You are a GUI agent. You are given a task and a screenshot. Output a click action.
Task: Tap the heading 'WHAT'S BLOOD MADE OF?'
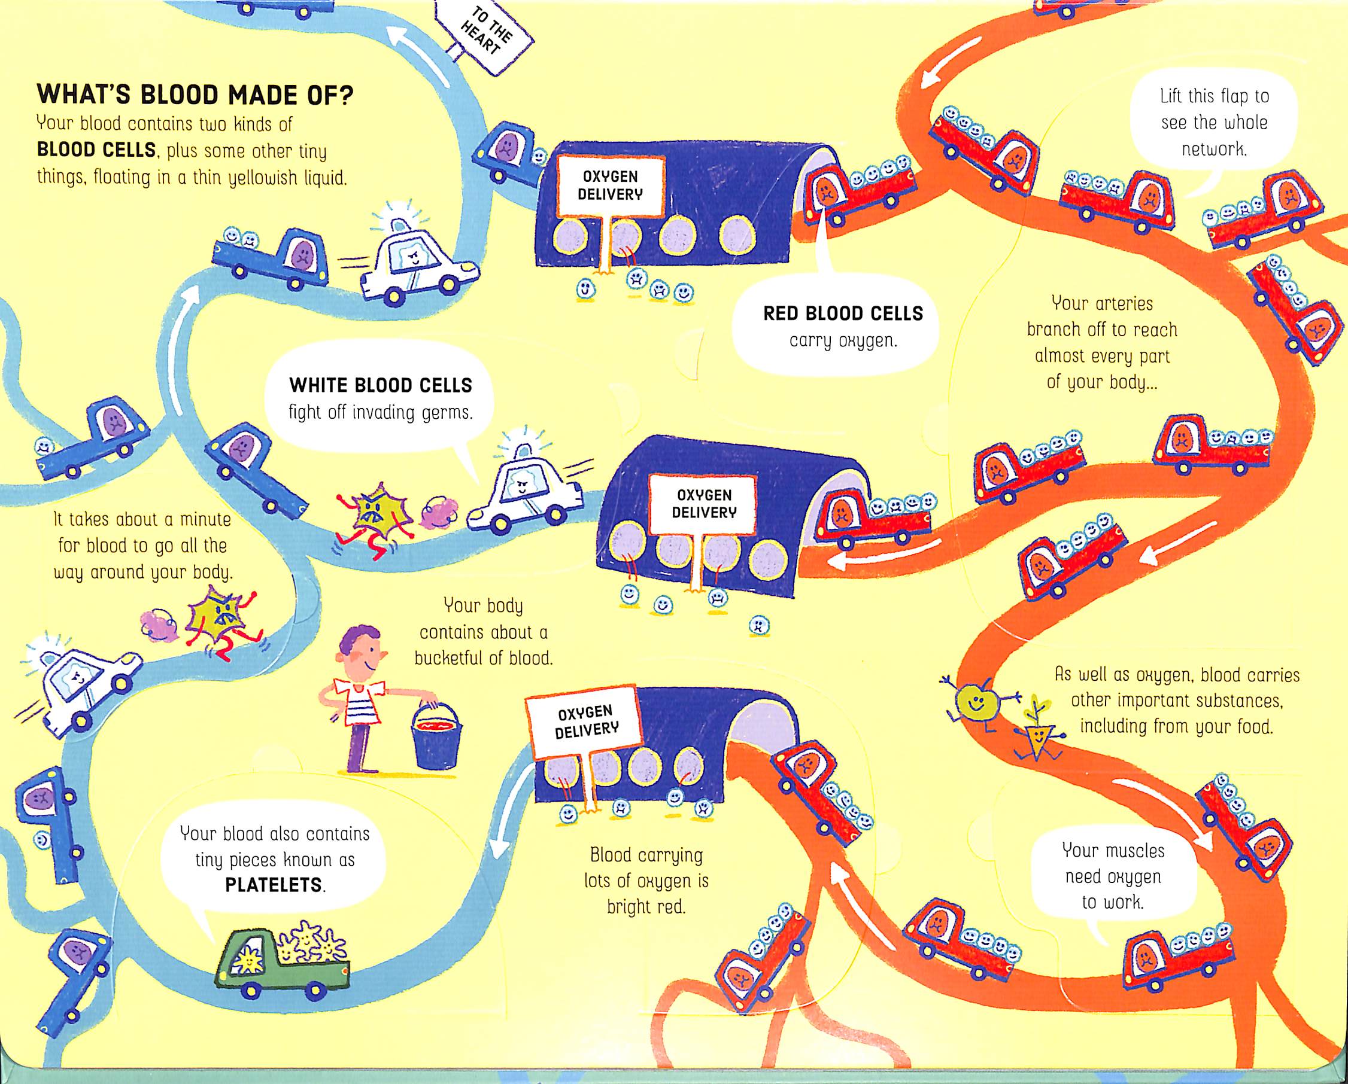[195, 95]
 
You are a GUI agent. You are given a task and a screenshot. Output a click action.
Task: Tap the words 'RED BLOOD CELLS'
[843, 313]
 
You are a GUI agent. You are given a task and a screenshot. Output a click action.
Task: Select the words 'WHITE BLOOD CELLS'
[380, 385]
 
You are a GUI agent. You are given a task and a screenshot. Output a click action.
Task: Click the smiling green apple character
[973, 703]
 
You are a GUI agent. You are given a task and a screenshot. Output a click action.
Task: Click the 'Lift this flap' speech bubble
[1213, 123]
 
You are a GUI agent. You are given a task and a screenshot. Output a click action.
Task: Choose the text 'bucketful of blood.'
[483, 658]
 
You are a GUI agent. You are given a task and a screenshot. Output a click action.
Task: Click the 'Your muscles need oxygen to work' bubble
[1113, 876]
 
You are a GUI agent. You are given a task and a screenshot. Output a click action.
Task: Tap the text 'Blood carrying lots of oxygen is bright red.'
[646, 881]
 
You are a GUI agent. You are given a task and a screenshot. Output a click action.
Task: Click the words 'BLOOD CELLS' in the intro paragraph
[96, 150]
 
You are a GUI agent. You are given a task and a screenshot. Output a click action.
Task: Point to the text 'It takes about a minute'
[142, 519]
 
